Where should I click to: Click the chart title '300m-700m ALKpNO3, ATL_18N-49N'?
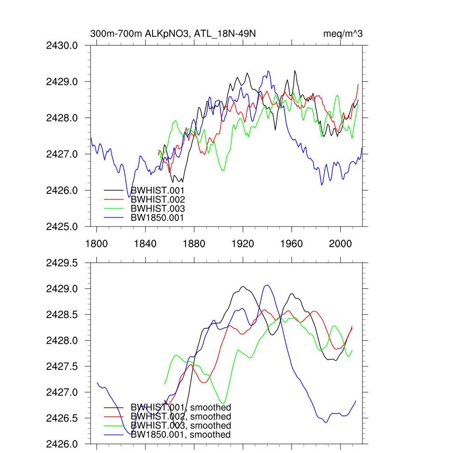(173, 34)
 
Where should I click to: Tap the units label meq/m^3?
(343, 34)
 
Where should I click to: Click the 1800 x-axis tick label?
(96, 244)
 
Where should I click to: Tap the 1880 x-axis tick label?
(194, 244)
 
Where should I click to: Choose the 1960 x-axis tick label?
(292, 244)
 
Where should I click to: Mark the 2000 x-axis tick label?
(340, 244)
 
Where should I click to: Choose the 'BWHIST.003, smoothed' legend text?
(180, 426)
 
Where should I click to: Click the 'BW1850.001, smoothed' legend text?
(180, 435)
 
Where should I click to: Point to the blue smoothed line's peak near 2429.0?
(266, 285)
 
